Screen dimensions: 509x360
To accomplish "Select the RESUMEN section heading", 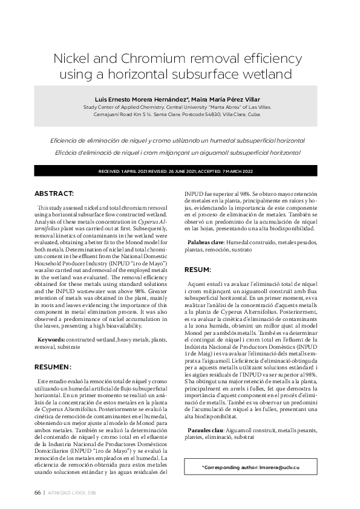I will coord(53,366).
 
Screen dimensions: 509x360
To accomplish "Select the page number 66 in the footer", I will coord(37,493).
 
